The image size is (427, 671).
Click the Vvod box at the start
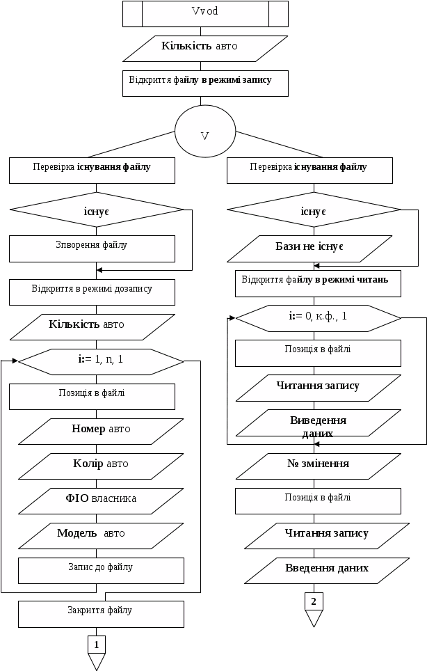pos(204,13)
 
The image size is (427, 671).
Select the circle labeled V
pos(204,132)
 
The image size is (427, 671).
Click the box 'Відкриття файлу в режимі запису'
pos(204,82)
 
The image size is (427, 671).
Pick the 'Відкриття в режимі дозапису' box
pos(92,292)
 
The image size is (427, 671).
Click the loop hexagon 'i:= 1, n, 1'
pos(100,361)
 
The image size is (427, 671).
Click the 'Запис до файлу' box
pos(101,570)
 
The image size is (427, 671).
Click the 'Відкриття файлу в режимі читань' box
pos(319,283)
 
